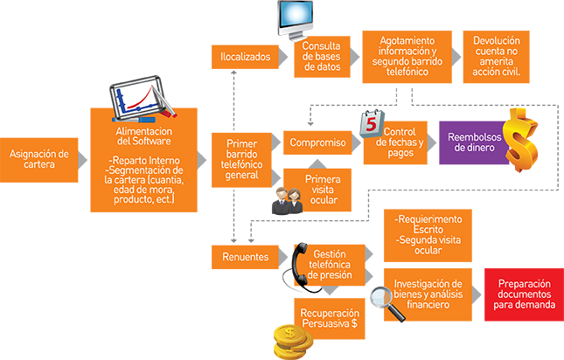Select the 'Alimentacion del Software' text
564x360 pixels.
point(143,135)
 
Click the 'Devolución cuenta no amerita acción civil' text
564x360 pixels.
point(496,57)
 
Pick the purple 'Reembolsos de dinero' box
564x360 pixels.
point(472,142)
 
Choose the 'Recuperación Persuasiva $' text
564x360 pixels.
point(329,317)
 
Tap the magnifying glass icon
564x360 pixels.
point(379,293)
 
